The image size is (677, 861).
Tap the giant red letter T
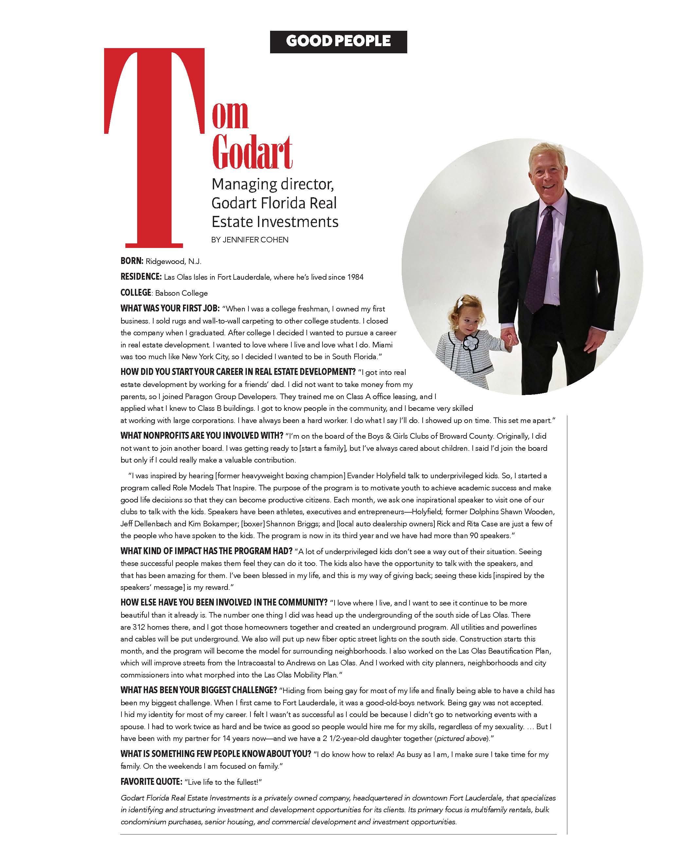pos(154,147)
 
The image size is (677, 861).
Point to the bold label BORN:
pos(132,261)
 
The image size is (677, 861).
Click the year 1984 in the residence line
pos(355,277)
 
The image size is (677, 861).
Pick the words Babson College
pos(181,293)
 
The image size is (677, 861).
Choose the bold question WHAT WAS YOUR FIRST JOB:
pos(170,308)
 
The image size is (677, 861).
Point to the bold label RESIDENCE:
pos(141,277)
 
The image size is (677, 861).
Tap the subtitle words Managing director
pos(273,184)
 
